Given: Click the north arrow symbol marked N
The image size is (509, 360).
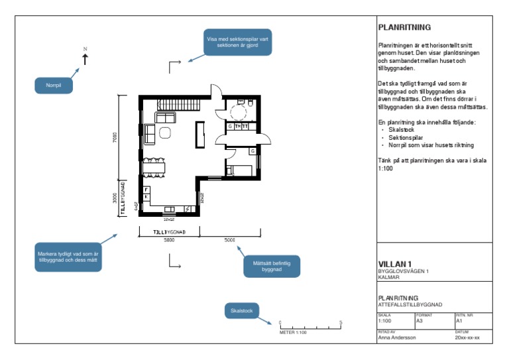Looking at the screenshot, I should point(85,58).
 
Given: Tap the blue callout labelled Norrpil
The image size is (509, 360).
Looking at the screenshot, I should point(53,86).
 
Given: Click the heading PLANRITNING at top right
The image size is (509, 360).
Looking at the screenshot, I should point(404,28).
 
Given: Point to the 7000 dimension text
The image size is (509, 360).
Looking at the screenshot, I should point(114,137).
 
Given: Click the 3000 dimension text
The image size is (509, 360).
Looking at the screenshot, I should point(114,198).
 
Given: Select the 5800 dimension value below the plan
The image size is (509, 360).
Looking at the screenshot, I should point(169,240).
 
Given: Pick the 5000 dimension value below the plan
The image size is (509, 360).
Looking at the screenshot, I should point(229,240).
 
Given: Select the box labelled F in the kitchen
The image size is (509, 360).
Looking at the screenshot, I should point(146,190).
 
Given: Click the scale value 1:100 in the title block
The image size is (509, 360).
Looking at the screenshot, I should point(385,321).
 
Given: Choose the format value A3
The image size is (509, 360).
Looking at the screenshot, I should point(420,321).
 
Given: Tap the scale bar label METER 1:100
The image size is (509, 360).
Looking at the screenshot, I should point(293,332).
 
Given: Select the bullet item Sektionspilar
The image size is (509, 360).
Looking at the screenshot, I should point(405,137).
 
